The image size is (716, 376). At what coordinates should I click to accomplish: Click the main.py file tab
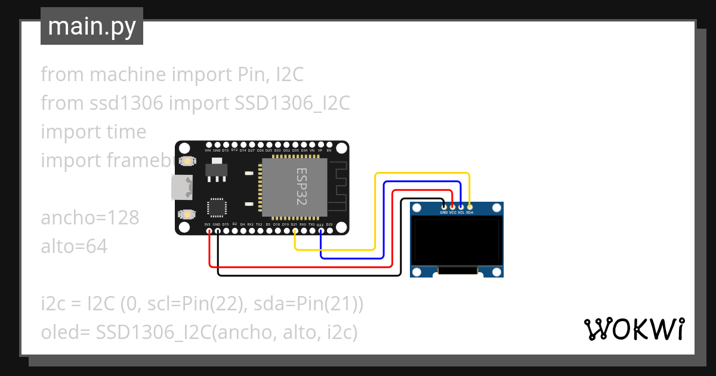pyautogui.click(x=91, y=27)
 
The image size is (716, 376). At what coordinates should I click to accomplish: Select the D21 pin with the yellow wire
pyautogui.click(x=295, y=231)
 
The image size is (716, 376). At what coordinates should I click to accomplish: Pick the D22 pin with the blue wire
pyautogui.click(x=320, y=231)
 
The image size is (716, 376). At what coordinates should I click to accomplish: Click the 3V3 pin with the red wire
pyautogui.click(x=208, y=230)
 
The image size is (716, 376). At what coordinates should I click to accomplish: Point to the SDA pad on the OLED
pyautogui.click(x=470, y=207)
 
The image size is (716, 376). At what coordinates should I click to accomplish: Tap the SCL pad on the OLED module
pyautogui.click(x=461, y=207)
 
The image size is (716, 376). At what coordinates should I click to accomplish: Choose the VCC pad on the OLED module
pyautogui.click(x=452, y=207)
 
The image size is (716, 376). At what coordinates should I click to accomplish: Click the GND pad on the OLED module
pyautogui.click(x=444, y=207)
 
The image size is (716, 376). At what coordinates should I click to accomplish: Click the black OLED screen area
pyautogui.click(x=457, y=242)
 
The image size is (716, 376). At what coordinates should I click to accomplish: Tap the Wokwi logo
pyautogui.click(x=634, y=329)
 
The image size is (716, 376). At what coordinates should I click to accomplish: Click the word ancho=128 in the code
pyautogui.click(x=90, y=218)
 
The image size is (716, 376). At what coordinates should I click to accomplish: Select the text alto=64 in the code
pyautogui.click(x=75, y=246)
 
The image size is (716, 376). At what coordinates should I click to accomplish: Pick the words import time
pyautogui.click(x=94, y=132)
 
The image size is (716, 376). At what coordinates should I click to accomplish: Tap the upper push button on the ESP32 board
pyautogui.click(x=187, y=161)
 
